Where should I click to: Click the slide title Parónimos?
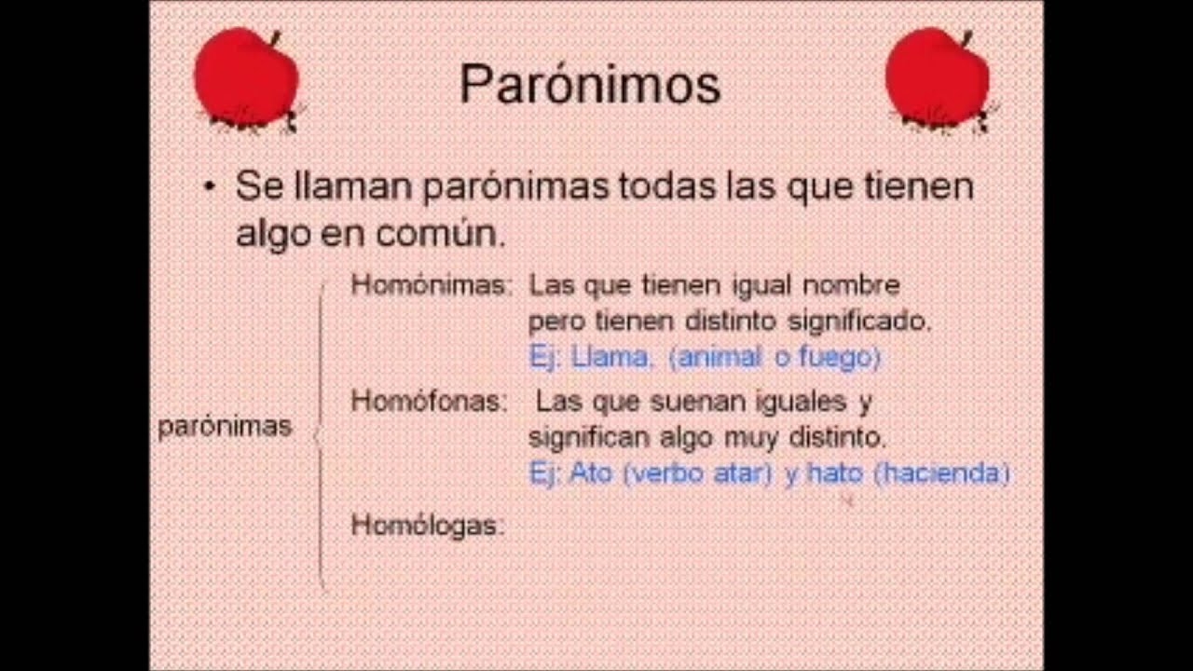[x=590, y=85]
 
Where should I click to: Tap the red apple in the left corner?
[x=246, y=78]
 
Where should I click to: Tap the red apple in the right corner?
[x=937, y=78]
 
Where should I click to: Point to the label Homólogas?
[x=427, y=526]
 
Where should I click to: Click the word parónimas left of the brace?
[x=225, y=427]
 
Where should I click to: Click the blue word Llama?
[x=610, y=357]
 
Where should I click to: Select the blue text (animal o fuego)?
[x=775, y=357]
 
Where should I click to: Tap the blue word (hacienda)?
[x=942, y=473]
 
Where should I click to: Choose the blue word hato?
[x=835, y=473]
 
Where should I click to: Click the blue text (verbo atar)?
[x=697, y=473]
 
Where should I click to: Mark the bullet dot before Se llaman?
[x=210, y=187]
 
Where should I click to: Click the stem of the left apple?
[x=274, y=37]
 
